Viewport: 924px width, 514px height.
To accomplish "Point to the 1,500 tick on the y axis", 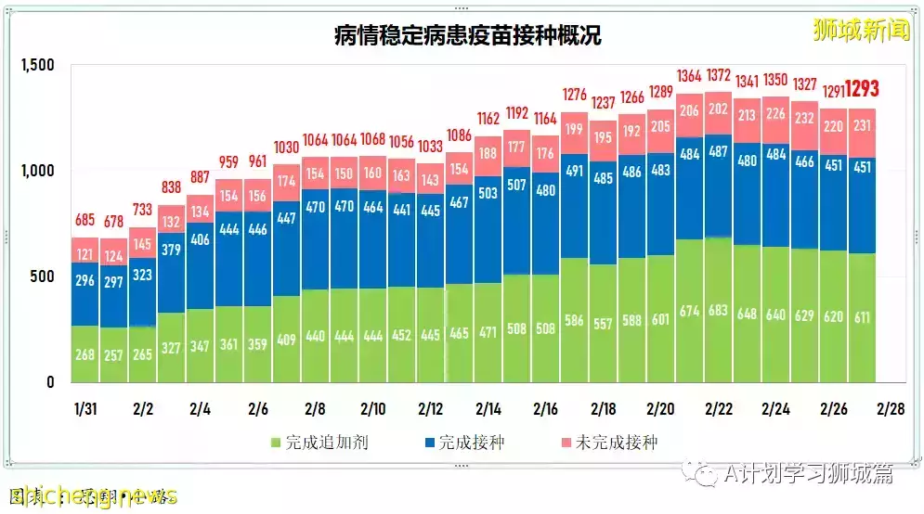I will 38,65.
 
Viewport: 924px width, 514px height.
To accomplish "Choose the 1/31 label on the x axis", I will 85,408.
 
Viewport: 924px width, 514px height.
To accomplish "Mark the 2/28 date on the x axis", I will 891,408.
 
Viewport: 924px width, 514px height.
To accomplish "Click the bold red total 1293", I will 862,90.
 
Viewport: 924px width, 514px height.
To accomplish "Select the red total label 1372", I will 718,75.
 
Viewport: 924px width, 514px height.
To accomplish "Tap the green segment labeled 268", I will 85,354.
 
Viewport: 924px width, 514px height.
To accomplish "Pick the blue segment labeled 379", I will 172,249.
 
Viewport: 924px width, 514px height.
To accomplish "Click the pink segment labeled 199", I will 575,129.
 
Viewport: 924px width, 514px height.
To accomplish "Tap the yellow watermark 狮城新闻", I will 860,30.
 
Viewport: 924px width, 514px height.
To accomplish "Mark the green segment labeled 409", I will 287,340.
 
